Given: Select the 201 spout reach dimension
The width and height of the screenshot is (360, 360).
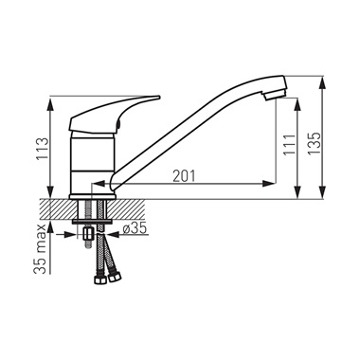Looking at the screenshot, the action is [x=184, y=176].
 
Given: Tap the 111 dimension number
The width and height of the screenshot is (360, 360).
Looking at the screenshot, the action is [x=289, y=145].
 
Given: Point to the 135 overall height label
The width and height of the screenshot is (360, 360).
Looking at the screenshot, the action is [x=314, y=143].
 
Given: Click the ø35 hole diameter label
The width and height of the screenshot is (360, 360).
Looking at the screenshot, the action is [x=135, y=228].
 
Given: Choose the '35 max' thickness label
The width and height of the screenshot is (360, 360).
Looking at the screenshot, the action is [x=41, y=249].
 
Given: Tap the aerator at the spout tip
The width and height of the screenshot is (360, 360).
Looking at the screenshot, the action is [x=274, y=95].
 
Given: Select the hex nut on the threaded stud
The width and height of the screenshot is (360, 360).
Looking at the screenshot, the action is [x=87, y=235].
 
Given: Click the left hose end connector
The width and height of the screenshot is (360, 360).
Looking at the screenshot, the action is [x=99, y=279].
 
